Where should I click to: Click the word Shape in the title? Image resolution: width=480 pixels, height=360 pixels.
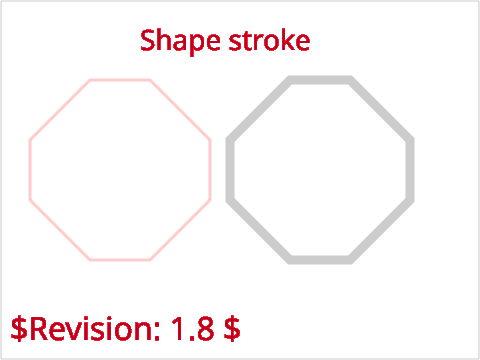[180, 41]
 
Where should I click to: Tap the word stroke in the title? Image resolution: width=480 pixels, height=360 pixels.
[269, 40]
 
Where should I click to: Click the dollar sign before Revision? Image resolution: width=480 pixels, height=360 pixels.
[19, 329]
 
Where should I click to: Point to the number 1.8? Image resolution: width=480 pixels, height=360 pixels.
[193, 329]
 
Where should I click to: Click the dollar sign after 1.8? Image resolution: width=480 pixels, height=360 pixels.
[232, 329]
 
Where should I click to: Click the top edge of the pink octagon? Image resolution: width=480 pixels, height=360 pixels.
[120, 80]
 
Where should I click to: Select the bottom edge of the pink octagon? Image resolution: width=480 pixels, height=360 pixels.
[120, 259]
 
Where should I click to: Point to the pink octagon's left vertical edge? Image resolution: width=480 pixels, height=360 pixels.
[30, 170]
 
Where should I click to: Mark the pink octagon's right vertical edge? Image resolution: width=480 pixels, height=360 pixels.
[210, 170]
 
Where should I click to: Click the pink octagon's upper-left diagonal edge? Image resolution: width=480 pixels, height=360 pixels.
[60, 110]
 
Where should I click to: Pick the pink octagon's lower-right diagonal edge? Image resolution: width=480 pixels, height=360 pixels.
[180, 230]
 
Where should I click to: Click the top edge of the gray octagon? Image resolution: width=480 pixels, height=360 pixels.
[320, 80]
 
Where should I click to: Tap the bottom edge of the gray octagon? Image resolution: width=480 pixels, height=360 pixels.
[320, 260]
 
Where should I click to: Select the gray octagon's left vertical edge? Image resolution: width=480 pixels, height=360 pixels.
[230, 170]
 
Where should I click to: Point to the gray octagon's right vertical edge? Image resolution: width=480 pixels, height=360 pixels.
[410, 170]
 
